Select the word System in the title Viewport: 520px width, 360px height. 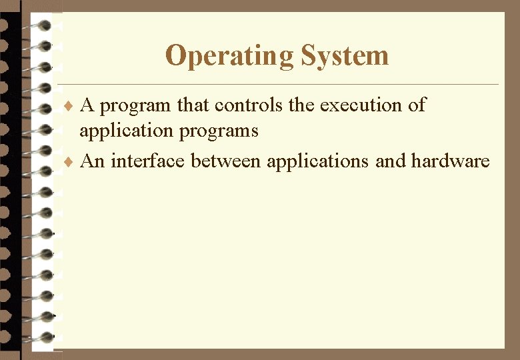[345, 56]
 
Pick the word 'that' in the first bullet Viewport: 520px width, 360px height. [193, 105]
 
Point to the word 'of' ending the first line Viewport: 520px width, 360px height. [417, 105]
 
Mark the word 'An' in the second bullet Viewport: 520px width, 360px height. [92, 161]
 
